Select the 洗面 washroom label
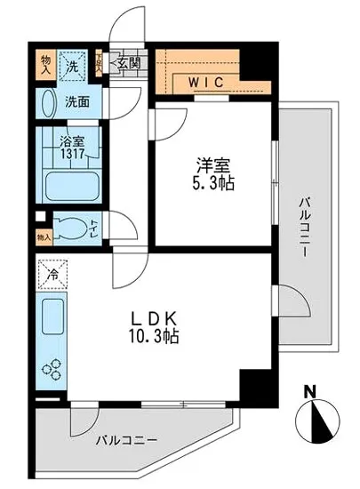tap(77, 101)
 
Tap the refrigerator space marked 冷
tap(53, 276)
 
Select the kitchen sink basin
tap(52, 316)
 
